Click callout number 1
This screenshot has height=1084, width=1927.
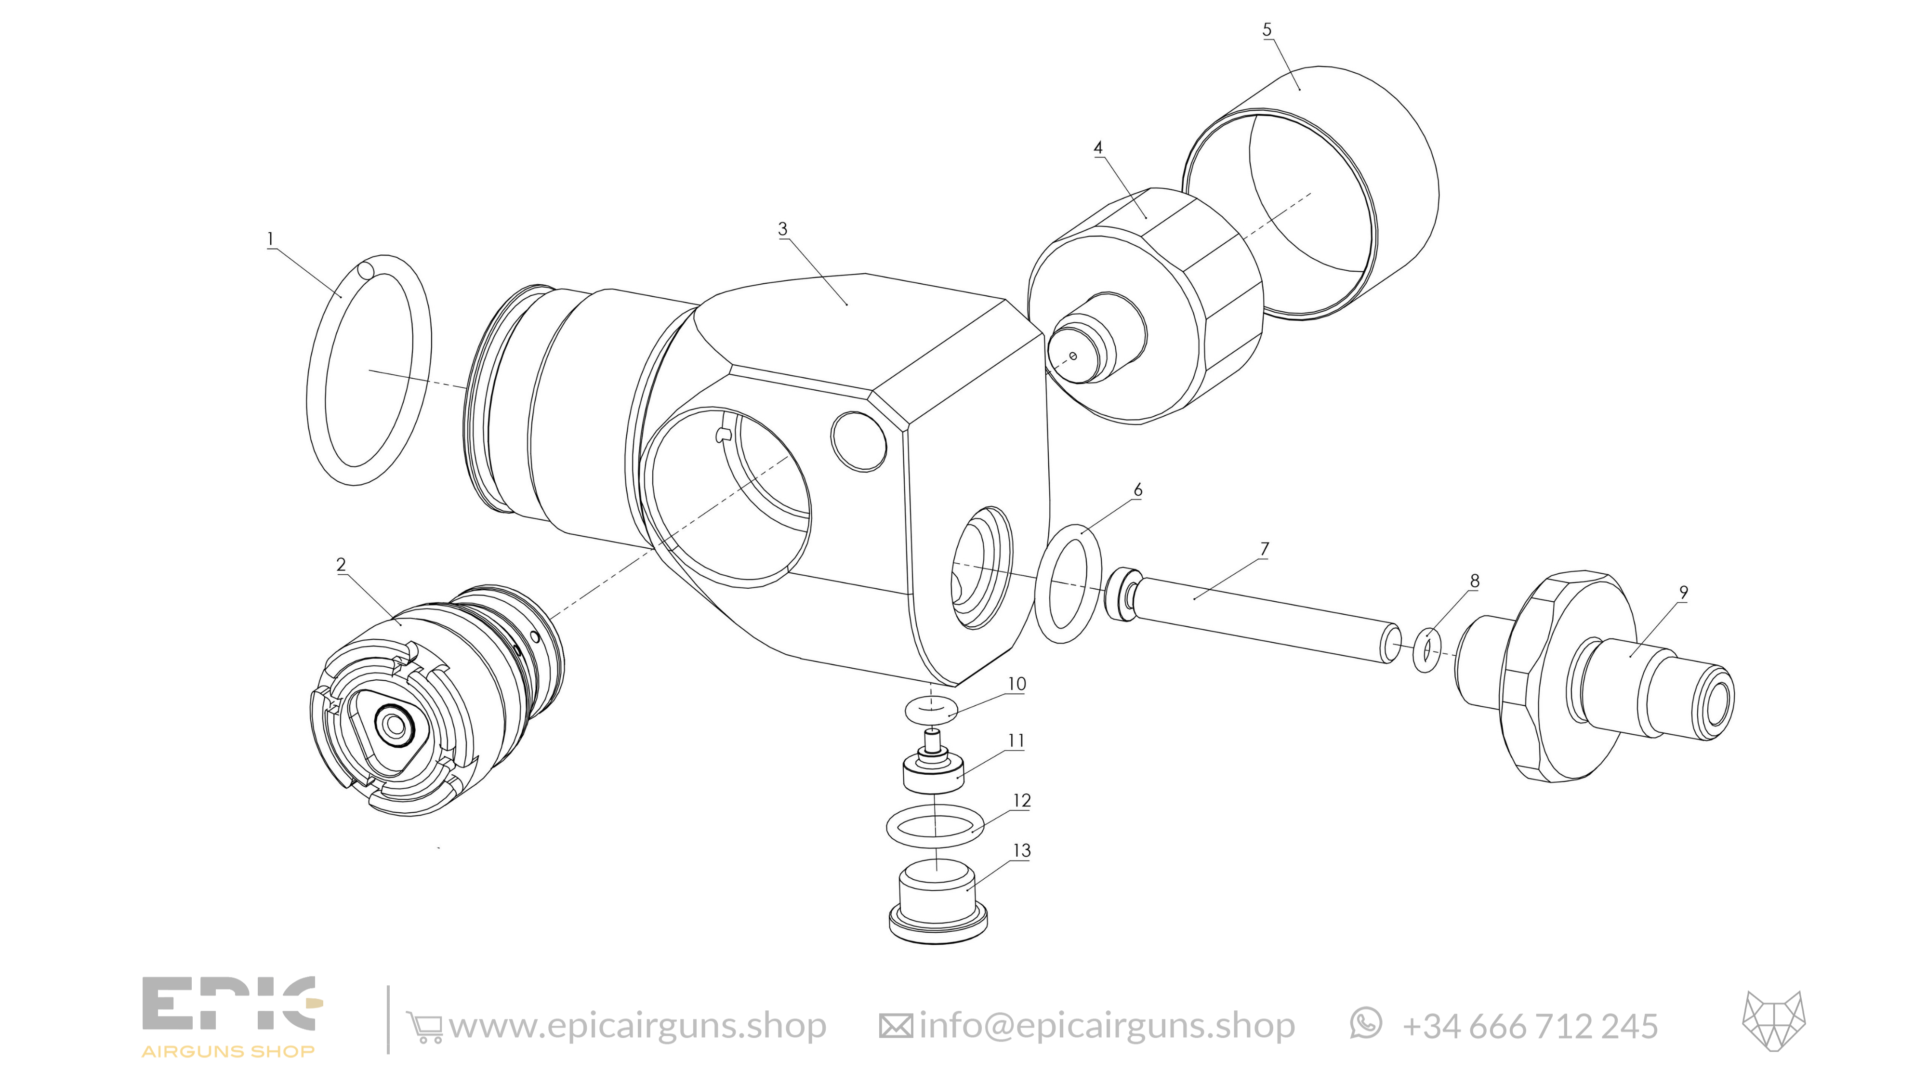coord(270,239)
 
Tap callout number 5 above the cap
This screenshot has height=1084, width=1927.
coord(1267,30)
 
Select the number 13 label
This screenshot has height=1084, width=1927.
coord(1022,851)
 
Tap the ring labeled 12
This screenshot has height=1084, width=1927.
coord(935,826)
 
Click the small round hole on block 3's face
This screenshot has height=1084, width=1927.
coord(859,441)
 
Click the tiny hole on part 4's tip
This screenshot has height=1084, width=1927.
coord(1073,356)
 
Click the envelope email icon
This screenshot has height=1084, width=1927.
coord(896,1026)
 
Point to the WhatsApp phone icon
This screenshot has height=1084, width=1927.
coord(1366,1023)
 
